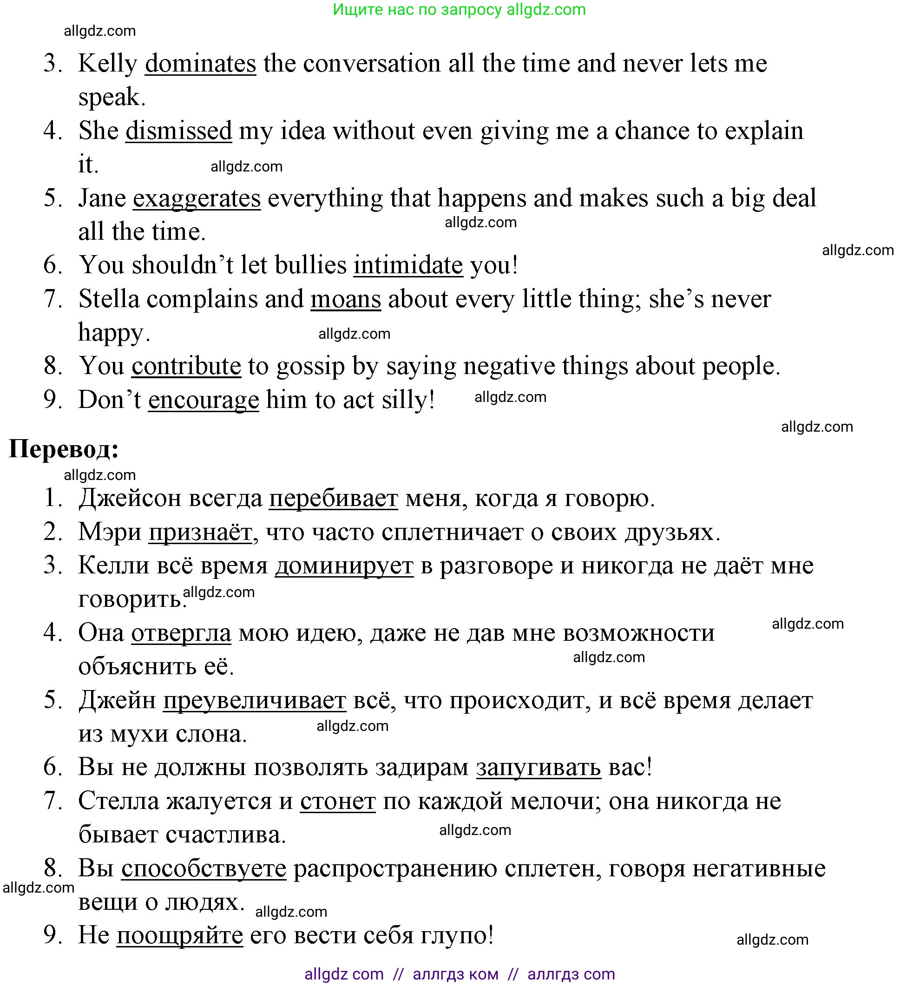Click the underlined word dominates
(x=200, y=64)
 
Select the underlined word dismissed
(x=178, y=131)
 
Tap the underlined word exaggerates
(x=197, y=199)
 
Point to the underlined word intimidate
(x=408, y=265)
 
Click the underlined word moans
(x=346, y=300)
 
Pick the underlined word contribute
(x=186, y=367)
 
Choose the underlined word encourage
(x=204, y=400)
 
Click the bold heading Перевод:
(x=64, y=449)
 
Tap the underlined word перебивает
(x=333, y=499)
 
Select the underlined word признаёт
(x=200, y=532)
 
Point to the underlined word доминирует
(x=344, y=566)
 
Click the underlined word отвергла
(x=181, y=633)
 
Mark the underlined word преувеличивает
(x=255, y=701)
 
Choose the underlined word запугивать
(x=539, y=768)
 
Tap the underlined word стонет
(x=338, y=802)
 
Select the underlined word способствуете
(x=204, y=869)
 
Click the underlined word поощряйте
(x=180, y=935)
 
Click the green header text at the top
(x=459, y=9)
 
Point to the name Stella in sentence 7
(x=109, y=300)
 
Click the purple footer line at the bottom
(x=459, y=974)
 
